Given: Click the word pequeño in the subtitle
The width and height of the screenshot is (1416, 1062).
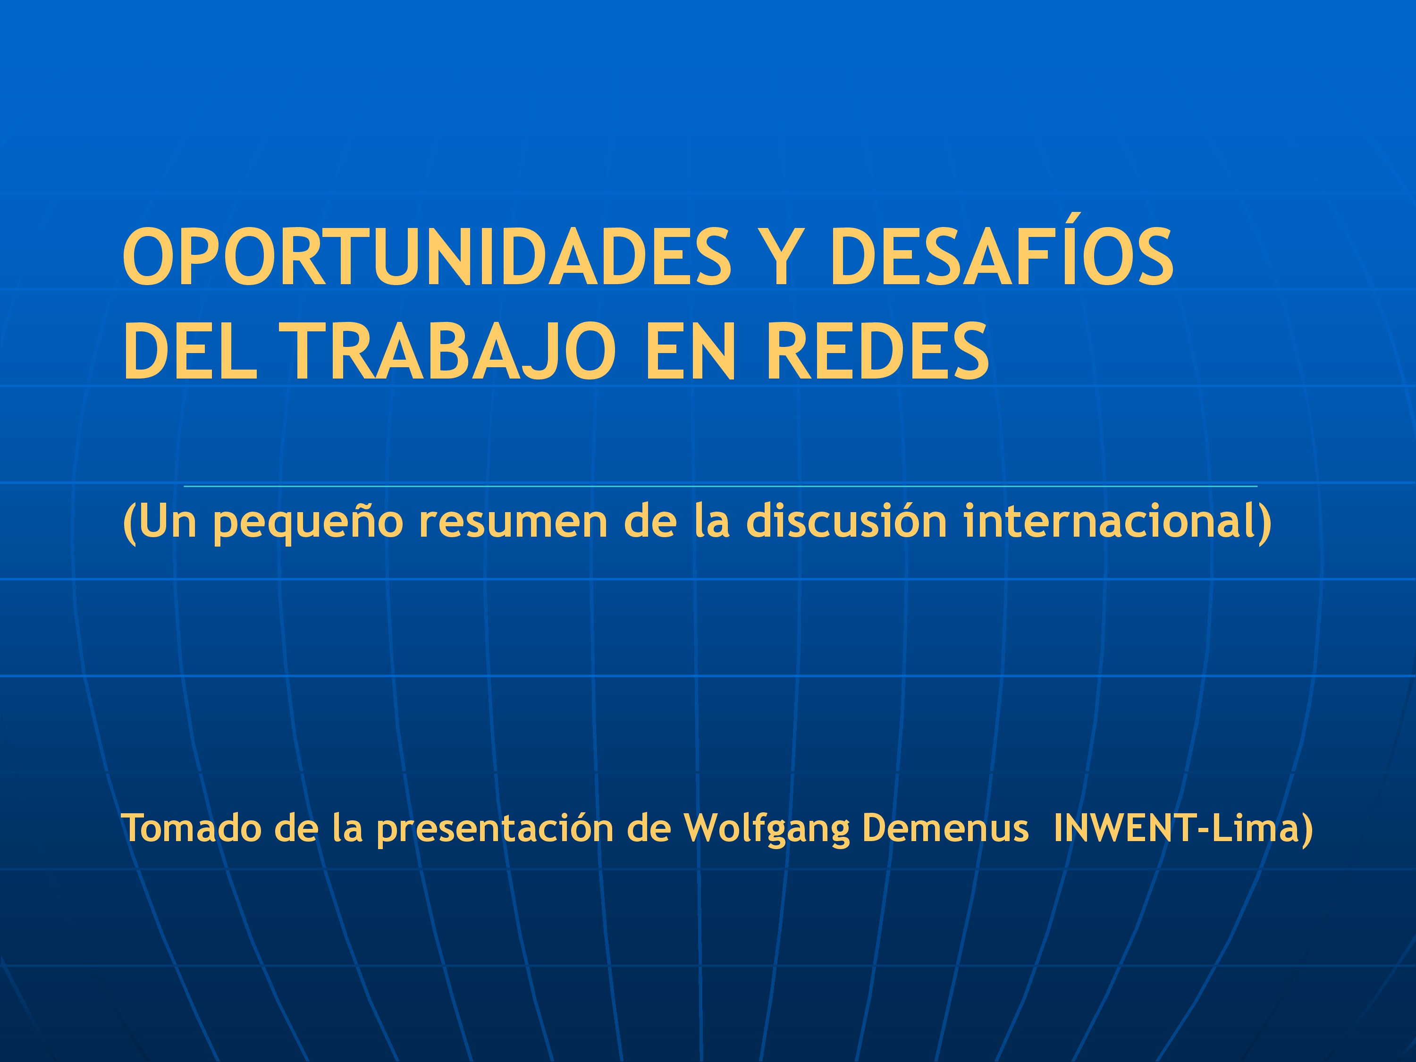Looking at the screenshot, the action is coord(308,522).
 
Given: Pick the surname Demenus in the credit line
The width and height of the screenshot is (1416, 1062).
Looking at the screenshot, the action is coord(944,828).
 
